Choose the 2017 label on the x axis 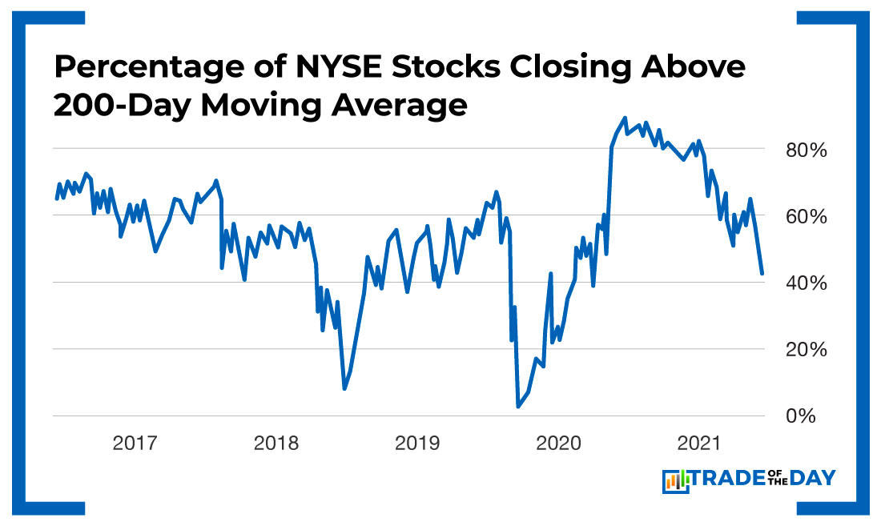[x=135, y=443]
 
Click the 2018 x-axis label [x=276, y=443]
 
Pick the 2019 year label [x=417, y=443]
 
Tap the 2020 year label [x=559, y=443]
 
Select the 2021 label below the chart [x=700, y=443]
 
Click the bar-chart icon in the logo [x=676, y=480]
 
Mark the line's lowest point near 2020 [x=518, y=407]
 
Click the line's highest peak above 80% [x=625, y=118]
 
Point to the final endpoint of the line [x=762, y=274]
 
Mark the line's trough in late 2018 [x=344, y=388]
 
